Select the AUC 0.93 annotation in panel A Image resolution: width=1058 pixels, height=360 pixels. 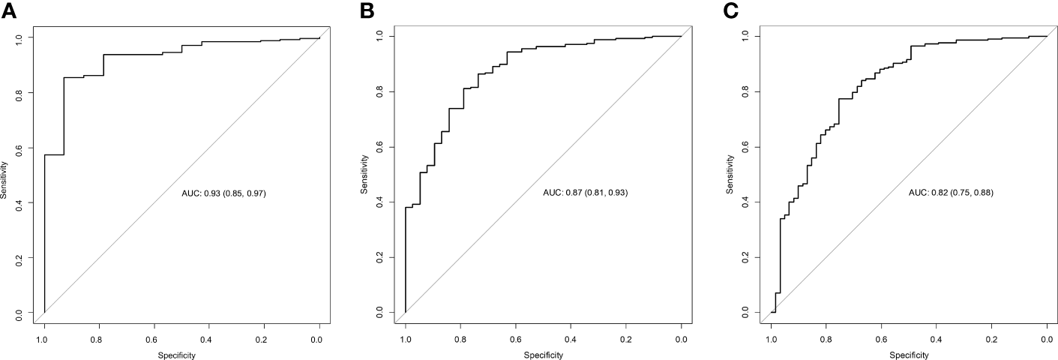tap(224, 193)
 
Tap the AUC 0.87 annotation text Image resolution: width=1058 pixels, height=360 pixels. tap(585, 193)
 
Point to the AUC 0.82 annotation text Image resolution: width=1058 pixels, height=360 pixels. tap(951, 193)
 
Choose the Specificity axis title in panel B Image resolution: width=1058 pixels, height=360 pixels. tap(543, 354)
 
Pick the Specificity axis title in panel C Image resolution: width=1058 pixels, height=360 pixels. tap(909, 354)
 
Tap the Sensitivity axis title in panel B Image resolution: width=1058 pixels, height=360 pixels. tap(365, 173)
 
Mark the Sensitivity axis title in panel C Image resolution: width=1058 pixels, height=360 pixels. tap(731, 173)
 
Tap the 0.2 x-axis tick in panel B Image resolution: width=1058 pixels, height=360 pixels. tap(626, 339)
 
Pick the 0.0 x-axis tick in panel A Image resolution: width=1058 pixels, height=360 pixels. tap(319, 339)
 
